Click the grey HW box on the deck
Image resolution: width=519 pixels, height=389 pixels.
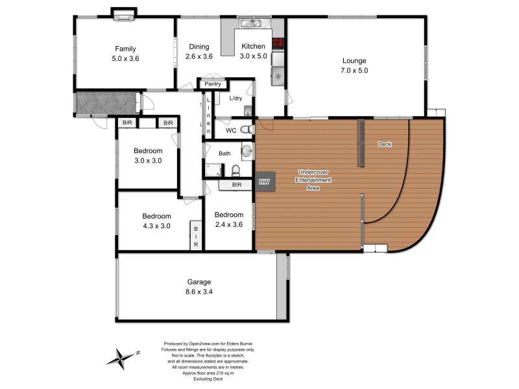pos(264,182)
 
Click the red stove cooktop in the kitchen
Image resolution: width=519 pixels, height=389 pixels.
pos(278,43)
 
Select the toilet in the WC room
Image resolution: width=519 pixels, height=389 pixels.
pos(246,130)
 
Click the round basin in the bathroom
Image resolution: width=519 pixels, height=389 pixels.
pos(247,152)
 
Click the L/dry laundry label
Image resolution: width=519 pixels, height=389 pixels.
pos(236,99)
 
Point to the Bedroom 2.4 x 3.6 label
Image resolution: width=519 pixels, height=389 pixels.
pos(228,220)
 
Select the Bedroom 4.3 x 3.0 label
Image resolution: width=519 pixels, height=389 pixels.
pos(156,221)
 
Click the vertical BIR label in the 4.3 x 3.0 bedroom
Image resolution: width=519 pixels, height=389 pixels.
pos(195,237)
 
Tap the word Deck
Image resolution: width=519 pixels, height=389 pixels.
pos(385,144)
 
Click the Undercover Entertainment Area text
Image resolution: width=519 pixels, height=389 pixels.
pos(313,180)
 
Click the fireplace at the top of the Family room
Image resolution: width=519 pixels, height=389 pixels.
pos(123,15)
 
